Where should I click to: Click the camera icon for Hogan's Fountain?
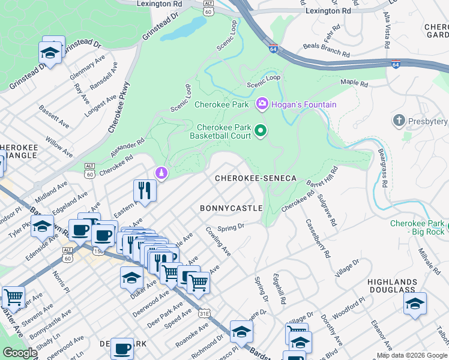(x=262, y=104)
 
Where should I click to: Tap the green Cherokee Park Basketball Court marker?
(x=261, y=130)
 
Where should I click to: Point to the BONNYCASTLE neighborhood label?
(x=231, y=208)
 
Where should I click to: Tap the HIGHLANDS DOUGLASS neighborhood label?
(x=393, y=286)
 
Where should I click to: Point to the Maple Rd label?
(x=354, y=82)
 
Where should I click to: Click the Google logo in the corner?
(x=20, y=353)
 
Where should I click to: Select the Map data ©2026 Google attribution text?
(x=412, y=355)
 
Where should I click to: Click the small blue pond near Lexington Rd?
(x=191, y=27)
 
